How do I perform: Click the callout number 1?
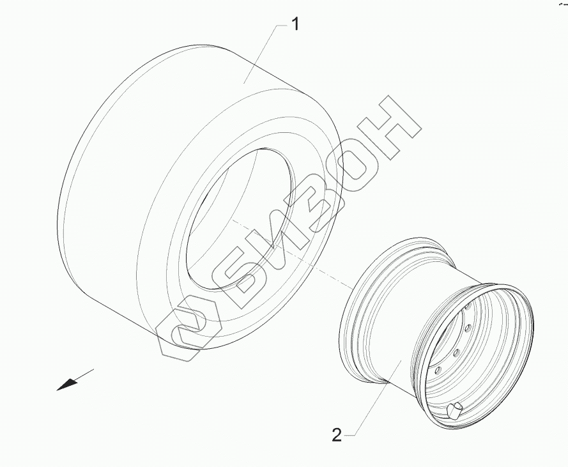pos(296,25)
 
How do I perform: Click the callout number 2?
pos(337,435)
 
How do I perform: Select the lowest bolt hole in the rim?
pos(438,370)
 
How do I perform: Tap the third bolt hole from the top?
pos(456,351)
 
